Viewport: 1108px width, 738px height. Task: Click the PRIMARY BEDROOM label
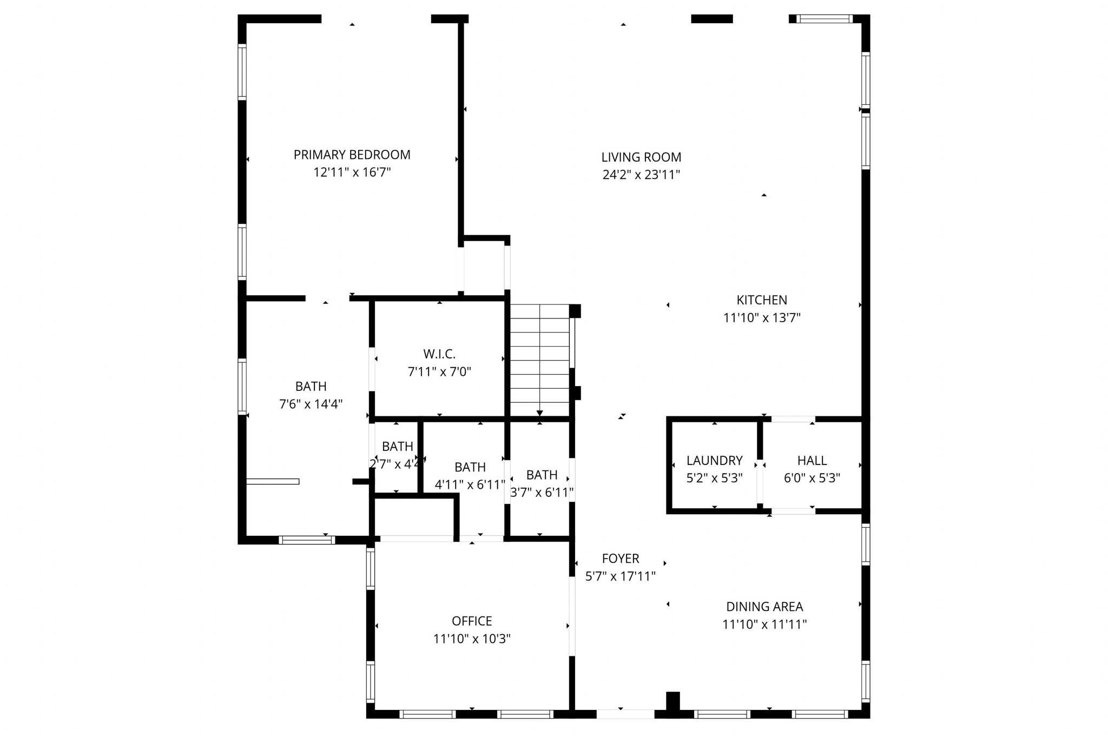pos(352,155)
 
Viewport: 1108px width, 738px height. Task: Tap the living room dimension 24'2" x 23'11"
pos(641,175)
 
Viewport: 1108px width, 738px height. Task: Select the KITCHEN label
pos(762,300)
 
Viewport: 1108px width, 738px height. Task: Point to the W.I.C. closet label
pos(439,354)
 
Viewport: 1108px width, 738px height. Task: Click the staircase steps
pos(539,360)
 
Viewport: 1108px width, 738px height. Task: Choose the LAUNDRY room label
pos(714,461)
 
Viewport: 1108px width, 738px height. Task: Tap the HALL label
pos(812,461)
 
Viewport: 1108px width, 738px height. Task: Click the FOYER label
pos(621,559)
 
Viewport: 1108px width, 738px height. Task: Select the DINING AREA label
pos(764,607)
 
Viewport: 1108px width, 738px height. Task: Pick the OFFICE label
pos(472,621)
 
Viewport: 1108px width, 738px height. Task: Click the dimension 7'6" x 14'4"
pos(311,404)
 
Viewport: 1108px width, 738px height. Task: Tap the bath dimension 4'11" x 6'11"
pos(470,485)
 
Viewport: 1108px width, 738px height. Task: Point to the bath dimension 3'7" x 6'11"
pos(542,493)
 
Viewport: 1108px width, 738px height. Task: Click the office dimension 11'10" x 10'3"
pos(472,639)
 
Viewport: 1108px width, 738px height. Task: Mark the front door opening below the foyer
pos(625,714)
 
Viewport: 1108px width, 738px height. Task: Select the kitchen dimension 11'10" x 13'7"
pos(762,318)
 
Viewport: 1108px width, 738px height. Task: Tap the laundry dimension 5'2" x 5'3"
pos(714,478)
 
